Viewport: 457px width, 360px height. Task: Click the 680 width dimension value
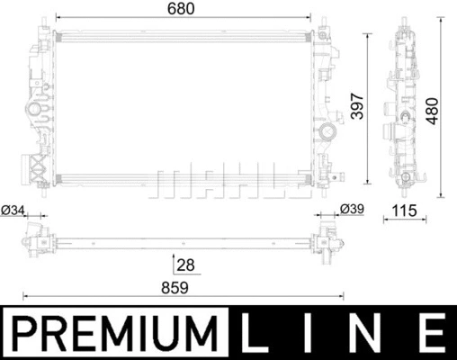(x=184, y=8)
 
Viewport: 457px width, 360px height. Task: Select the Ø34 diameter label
(x=15, y=211)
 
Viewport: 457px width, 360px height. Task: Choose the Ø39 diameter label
(x=352, y=211)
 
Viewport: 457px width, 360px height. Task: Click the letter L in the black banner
(x=263, y=333)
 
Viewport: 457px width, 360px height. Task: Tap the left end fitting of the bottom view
(x=34, y=241)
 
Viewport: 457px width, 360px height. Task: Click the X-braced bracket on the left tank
(x=38, y=167)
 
